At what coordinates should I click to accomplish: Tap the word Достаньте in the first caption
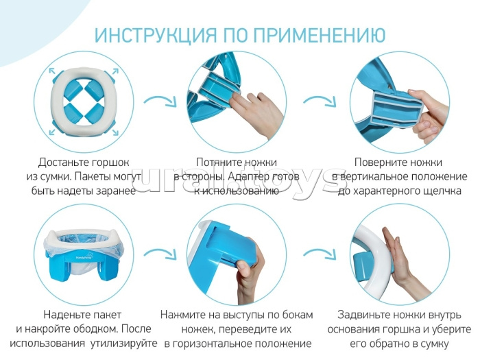tap(66, 163)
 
